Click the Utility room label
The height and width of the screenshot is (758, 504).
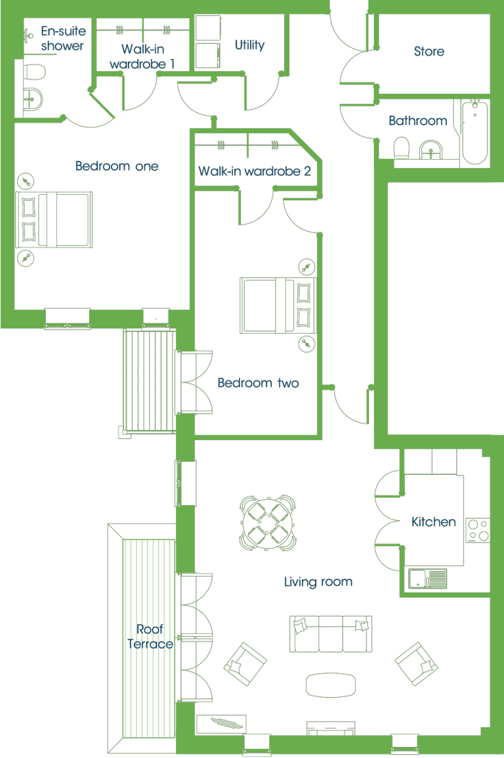(249, 45)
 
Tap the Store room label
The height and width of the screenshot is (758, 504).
(429, 51)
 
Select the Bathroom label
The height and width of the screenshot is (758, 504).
(418, 120)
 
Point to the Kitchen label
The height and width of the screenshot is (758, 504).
(434, 522)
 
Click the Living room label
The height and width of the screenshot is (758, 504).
(318, 581)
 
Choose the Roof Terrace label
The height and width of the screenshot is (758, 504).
(150, 636)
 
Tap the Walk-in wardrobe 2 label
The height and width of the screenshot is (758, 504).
(255, 171)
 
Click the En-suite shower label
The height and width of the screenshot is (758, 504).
(63, 38)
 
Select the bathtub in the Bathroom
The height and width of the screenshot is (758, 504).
(475, 131)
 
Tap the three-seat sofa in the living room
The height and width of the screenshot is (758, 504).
(331, 634)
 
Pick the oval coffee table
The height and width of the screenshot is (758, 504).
(331, 685)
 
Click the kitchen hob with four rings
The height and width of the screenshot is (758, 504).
(478, 530)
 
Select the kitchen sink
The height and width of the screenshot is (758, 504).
(427, 579)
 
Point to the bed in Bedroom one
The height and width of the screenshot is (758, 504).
(54, 219)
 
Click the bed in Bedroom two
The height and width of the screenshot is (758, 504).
(278, 305)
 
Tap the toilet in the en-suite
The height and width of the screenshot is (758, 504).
(33, 72)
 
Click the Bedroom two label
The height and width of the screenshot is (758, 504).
(259, 383)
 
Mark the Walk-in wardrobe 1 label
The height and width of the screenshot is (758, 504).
(142, 56)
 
